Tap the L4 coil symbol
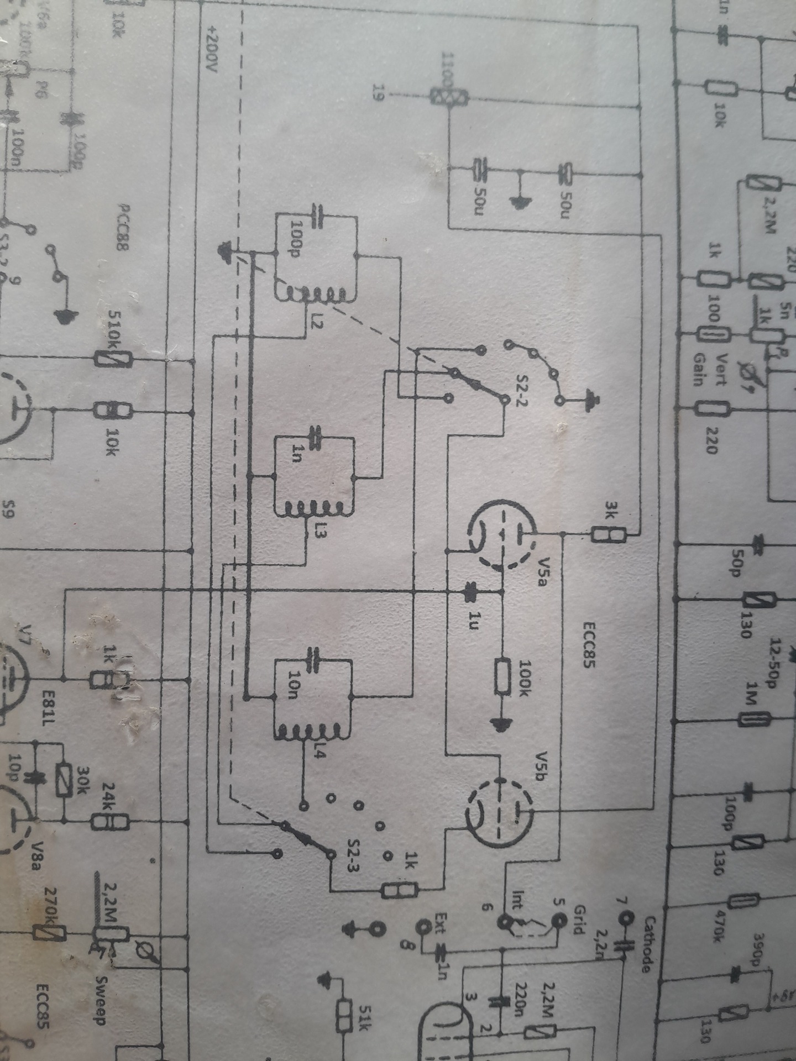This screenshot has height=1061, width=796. pyautogui.click(x=312, y=732)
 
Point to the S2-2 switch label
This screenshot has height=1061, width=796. pyautogui.click(x=522, y=390)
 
